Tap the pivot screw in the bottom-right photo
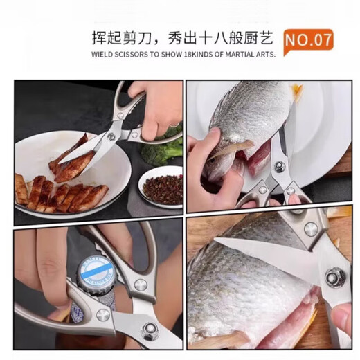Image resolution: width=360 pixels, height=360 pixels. click(336, 278)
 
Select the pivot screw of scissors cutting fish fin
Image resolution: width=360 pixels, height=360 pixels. click(280, 167)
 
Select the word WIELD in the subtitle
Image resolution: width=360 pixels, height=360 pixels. click(102, 53)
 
